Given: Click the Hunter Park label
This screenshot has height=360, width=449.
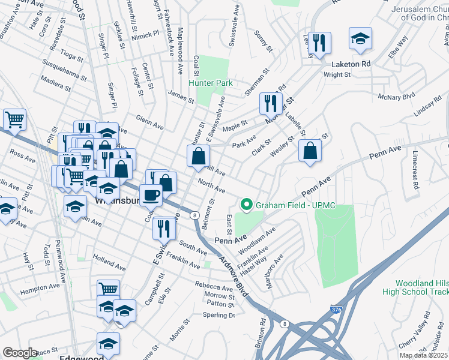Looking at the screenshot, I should tap(211, 83).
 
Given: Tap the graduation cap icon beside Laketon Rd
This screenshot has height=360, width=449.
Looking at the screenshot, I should tap(360, 40).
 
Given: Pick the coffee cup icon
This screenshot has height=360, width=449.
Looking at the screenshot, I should tap(151, 195).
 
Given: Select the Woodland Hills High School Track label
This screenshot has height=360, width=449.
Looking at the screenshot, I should tap(421, 287).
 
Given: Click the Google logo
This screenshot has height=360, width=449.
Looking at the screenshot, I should tap(20, 353).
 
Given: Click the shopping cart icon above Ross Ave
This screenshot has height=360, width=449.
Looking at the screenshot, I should tap(14, 119).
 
